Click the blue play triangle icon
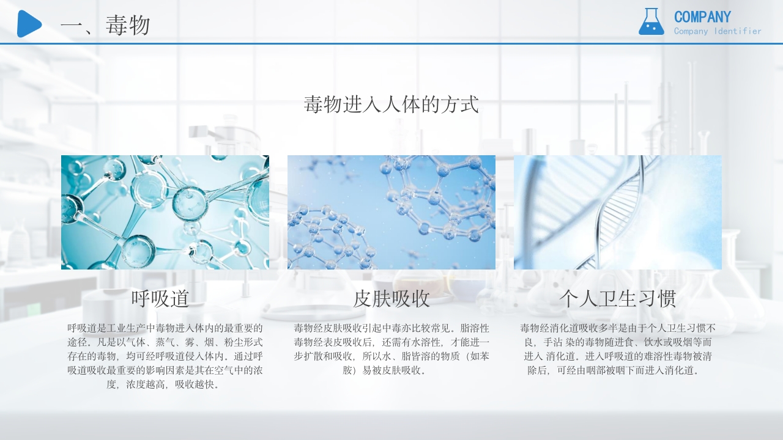29,24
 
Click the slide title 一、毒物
105,26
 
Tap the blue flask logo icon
651,22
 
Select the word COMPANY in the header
702,16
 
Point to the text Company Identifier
718,31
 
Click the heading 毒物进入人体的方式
391,105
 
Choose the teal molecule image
165,212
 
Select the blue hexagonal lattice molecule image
391,212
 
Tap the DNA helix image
618,212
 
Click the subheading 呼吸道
160,299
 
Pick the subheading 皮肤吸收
391,299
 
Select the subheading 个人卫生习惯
618,299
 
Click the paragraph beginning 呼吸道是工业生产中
165,356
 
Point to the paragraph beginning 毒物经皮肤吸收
391,349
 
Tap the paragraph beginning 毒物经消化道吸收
618,349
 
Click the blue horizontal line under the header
391,44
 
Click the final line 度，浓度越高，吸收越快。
165,385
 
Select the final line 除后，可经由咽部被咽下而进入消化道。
618,370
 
